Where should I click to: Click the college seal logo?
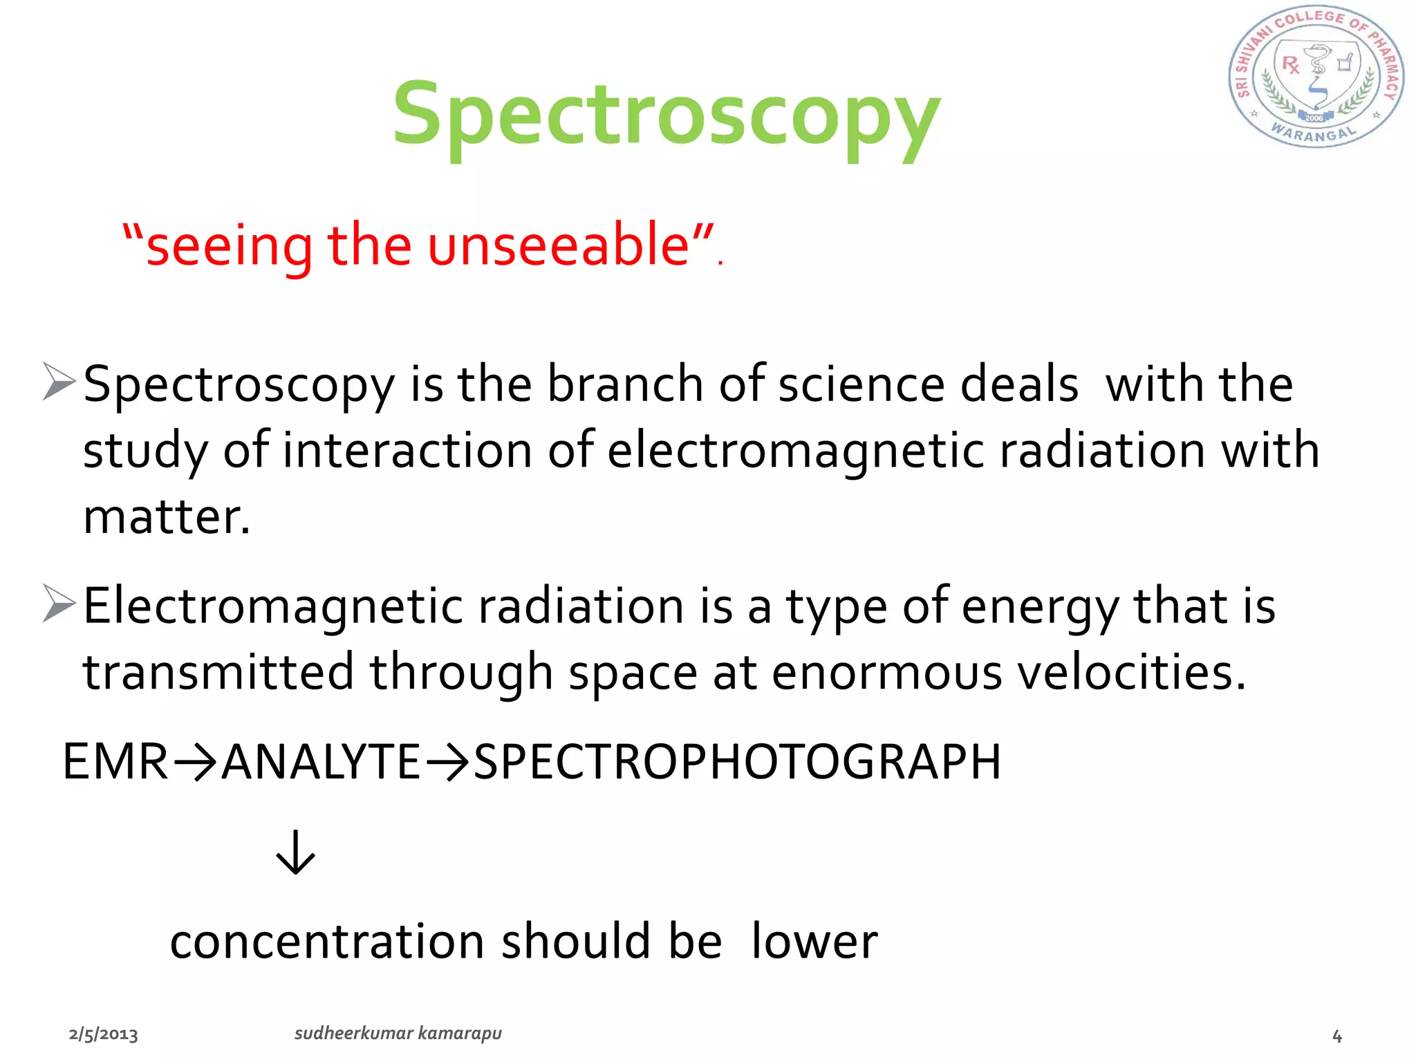pos(1316,77)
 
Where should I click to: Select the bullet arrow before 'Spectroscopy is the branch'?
pos(59,381)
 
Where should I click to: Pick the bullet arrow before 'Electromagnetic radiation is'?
pos(59,602)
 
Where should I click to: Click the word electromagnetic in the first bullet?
pos(796,450)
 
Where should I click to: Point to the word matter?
pos(166,516)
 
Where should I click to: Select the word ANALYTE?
pos(321,761)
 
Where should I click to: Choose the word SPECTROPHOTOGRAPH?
pos(737,761)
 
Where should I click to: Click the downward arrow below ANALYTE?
pos(295,853)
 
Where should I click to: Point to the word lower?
pos(814,942)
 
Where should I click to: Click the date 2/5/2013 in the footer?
pos(104,1034)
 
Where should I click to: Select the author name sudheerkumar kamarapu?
pos(398,1033)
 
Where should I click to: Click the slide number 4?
pos(1337,1036)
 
